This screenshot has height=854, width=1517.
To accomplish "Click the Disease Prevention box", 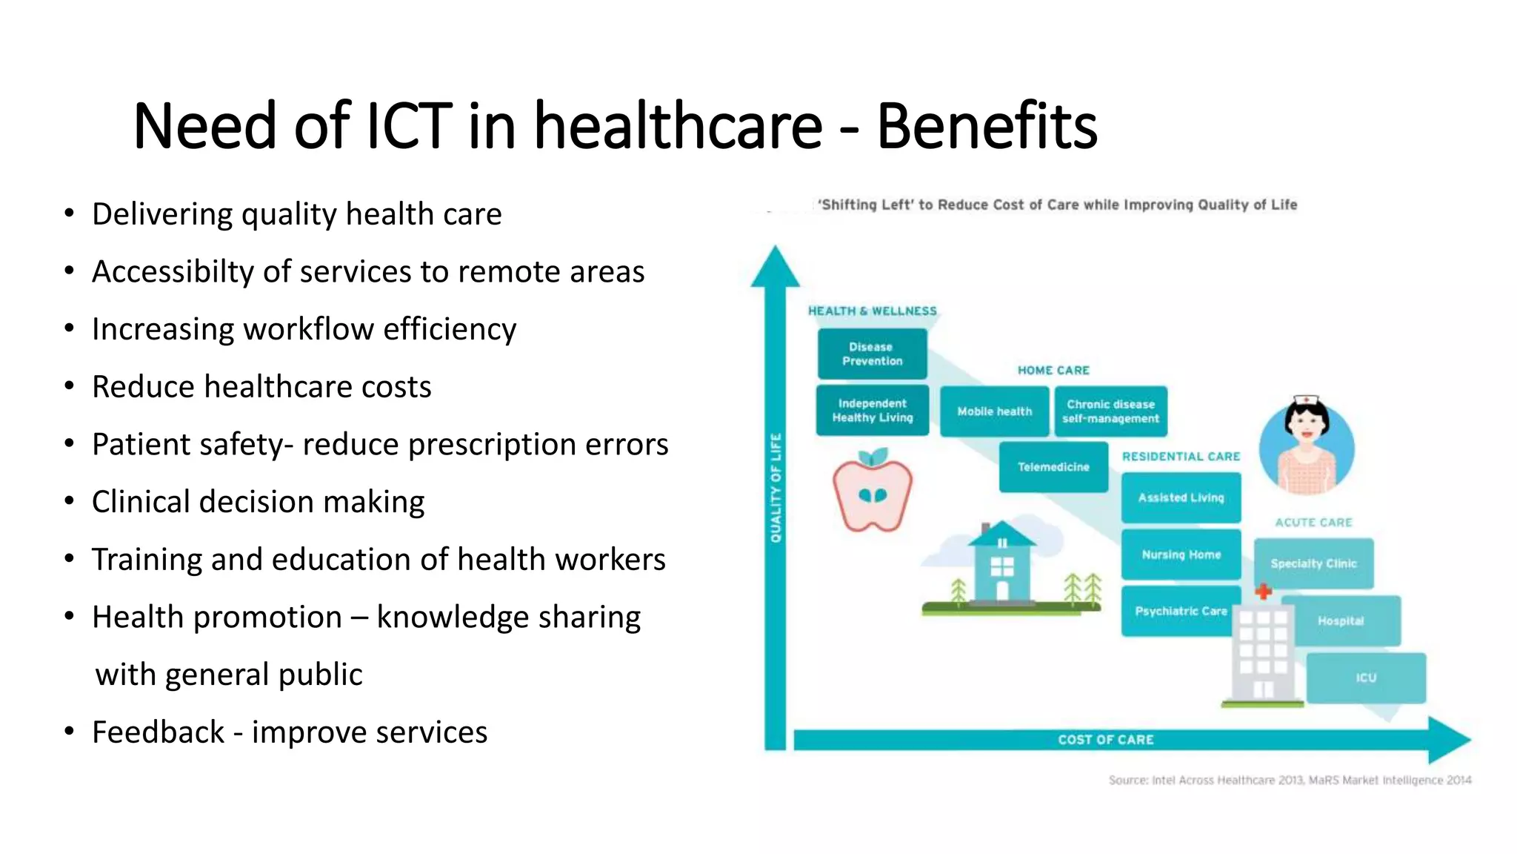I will (x=872, y=354).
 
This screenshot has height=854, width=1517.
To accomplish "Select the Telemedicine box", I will (x=1053, y=467).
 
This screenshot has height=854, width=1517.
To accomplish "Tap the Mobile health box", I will (x=994, y=411).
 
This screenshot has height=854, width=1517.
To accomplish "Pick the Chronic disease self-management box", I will (x=1110, y=411).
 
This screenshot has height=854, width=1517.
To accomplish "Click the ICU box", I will (x=1366, y=678).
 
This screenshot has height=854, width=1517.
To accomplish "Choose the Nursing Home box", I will (x=1181, y=555).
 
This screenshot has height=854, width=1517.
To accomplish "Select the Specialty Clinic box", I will (x=1313, y=563).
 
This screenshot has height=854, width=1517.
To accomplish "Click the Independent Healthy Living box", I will (x=872, y=410).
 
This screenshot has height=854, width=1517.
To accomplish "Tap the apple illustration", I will (x=872, y=493).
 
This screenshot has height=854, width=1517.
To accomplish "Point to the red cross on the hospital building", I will (x=1264, y=592).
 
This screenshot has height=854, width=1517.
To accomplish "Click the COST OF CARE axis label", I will (x=1105, y=740).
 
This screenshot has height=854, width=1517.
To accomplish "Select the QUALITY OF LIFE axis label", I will (x=776, y=488).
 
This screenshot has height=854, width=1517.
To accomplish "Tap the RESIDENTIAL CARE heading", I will (x=1181, y=457).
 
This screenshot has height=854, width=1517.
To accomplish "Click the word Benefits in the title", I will (x=987, y=126).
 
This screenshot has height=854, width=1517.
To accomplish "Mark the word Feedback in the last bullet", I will (x=158, y=732).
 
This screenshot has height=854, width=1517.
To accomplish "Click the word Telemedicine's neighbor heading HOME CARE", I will (x=1053, y=370).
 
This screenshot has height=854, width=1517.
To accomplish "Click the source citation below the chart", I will (x=1289, y=780).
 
